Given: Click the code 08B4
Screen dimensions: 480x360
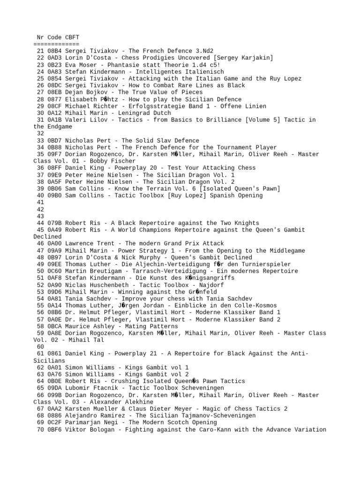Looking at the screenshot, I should point(54,51).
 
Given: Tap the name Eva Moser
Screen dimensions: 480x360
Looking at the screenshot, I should point(81,65).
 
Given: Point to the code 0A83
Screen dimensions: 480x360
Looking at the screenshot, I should point(54,72).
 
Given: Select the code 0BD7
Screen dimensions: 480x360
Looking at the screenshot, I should point(54,141).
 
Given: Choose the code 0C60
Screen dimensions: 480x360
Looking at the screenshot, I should point(54,271).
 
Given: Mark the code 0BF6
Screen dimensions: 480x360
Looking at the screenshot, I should point(54,429).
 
